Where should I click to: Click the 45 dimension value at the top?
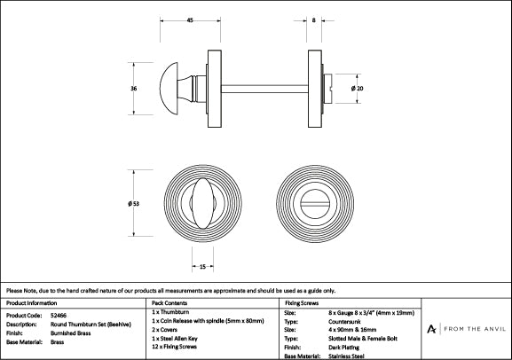click(190, 20)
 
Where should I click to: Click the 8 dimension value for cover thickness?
click(314, 20)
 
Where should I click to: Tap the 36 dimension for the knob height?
click(133, 89)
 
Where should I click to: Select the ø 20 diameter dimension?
click(358, 89)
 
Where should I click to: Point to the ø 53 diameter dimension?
click(133, 204)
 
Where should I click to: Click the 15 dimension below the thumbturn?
click(202, 267)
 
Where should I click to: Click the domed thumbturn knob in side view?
click(169, 89)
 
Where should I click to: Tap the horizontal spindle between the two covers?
click(264, 89)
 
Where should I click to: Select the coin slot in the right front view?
click(315, 204)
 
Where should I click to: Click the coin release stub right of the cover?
click(327, 89)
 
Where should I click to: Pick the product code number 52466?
click(59, 316)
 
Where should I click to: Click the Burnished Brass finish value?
click(70, 333)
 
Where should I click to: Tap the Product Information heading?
click(31, 303)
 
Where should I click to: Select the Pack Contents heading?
click(169, 303)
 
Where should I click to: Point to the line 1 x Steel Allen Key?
click(175, 339)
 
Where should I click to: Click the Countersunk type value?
click(344, 322)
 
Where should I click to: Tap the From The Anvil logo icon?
click(431, 329)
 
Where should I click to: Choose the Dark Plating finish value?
click(343, 348)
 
